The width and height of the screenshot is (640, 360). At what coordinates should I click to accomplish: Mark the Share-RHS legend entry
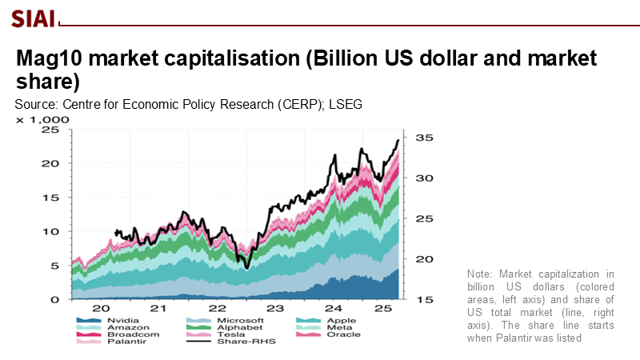(216, 344)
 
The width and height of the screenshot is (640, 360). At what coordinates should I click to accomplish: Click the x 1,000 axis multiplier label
(43, 119)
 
